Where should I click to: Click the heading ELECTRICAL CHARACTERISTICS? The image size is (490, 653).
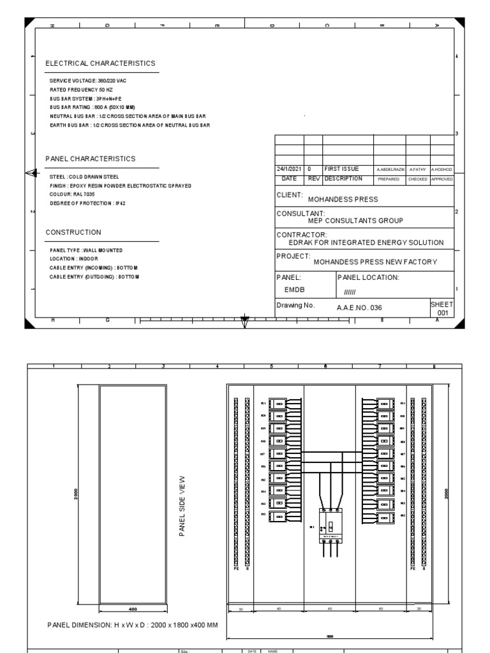coord(100,64)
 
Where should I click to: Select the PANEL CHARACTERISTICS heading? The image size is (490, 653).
coord(90,159)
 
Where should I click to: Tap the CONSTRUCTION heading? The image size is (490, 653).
coord(73,233)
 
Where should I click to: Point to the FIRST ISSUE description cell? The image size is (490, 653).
coord(341,169)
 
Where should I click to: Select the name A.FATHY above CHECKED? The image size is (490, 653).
coord(418,170)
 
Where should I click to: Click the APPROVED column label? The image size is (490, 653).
coord(442,179)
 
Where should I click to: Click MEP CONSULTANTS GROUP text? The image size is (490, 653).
coord(355,221)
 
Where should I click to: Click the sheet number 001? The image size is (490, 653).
coord(442,312)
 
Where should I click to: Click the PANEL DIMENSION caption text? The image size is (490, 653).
coord(133,624)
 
